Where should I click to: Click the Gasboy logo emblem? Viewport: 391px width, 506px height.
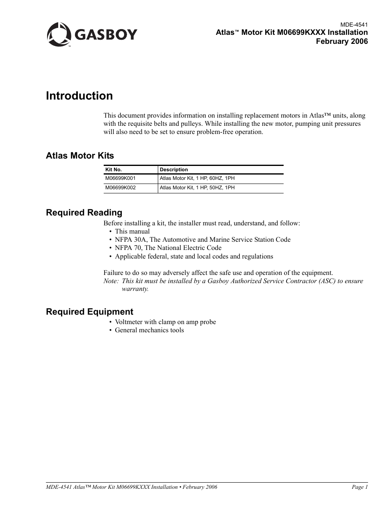click(x=59, y=34)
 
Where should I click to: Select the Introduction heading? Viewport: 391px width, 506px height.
click(x=79, y=96)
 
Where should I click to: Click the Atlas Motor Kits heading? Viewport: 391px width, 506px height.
click(x=80, y=156)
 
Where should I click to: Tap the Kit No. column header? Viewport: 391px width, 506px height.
click(x=114, y=170)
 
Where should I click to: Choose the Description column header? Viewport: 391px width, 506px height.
click(x=174, y=170)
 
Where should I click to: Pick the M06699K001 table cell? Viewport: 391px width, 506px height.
click(x=120, y=179)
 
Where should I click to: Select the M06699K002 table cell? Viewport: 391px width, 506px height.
click(x=120, y=188)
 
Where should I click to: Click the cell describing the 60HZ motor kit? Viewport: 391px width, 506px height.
click(x=197, y=179)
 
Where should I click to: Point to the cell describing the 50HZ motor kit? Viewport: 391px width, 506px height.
click(x=197, y=188)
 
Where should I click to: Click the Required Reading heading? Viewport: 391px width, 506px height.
click(x=84, y=213)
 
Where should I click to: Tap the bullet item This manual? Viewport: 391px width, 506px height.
click(x=132, y=231)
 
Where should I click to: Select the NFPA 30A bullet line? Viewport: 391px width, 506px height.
click(x=202, y=240)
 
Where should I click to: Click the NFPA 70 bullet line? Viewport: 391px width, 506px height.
click(x=168, y=248)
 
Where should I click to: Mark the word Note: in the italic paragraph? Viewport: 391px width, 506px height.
click(x=111, y=281)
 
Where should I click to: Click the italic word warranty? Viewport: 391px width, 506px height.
click(x=135, y=289)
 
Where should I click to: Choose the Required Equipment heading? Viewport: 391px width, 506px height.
click(x=89, y=312)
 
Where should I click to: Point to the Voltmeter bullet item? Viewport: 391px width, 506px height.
click(x=165, y=322)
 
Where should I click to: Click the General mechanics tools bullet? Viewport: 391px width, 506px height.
click(x=149, y=330)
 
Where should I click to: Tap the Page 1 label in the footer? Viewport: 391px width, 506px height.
click(x=360, y=487)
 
